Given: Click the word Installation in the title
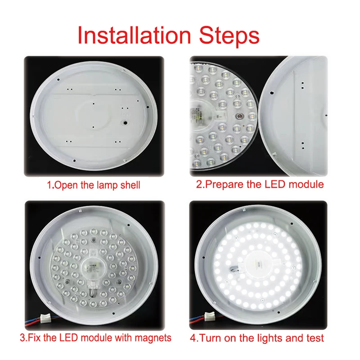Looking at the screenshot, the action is pos(134,35).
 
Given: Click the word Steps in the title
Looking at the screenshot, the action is pos(229,36).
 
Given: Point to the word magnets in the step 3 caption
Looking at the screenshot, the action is pos(153,338).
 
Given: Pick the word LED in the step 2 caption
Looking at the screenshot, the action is pos(275,184).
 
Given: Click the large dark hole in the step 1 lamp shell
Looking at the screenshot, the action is pos(126,123).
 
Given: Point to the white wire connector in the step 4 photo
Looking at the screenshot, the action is pos(210,316).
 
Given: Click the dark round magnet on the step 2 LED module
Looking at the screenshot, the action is pos(239,117).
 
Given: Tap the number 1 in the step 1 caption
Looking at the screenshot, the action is pos(49,185).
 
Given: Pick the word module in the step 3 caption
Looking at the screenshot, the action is pos(97,338).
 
